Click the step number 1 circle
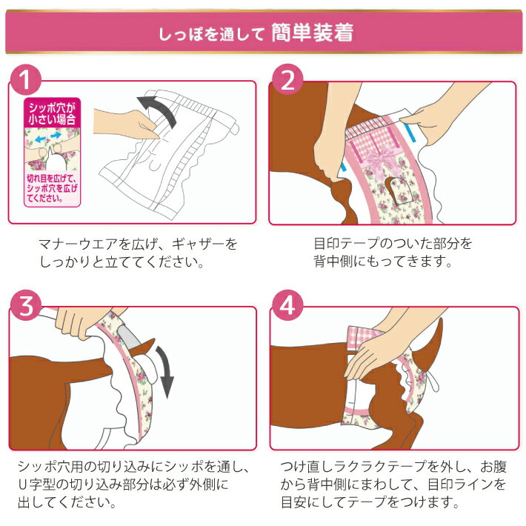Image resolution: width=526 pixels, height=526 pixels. [x=26, y=80]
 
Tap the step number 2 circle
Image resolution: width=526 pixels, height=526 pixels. [x=287, y=80]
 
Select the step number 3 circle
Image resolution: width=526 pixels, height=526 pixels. [x=26, y=306]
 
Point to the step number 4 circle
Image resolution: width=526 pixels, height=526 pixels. [x=287, y=306]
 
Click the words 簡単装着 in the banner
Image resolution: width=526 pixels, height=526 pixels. [x=312, y=33]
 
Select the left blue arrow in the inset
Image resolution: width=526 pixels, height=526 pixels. [x=40, y=139]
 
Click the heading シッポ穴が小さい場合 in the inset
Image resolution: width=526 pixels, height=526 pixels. [x=52, y=114]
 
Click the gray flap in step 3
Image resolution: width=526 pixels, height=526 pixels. [x=129, y=336]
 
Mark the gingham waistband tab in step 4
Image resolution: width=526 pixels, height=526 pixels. [x=363, y=336]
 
